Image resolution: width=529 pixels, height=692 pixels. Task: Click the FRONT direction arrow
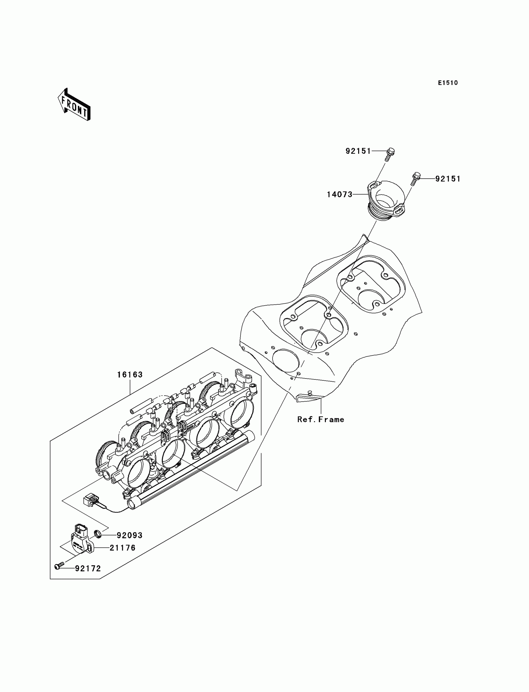pyautogui.click(x=74, y=105)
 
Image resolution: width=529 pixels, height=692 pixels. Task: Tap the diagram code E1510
pyautogui.click(x=448, y=83)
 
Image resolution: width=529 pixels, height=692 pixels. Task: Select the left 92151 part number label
pyautogui.click(x=358, y=151)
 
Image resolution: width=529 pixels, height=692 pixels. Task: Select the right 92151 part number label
pyautogui.click(x=448, y=179)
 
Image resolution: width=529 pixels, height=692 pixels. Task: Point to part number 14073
pyautogui.click(x=339, y=195)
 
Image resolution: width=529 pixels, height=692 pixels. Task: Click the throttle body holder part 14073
pyautogui.click(x=386, y=200)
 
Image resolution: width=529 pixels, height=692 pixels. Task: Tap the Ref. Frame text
pyautogui.click(x=321, y=420)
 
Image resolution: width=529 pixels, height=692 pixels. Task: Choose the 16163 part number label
pyautogui.click(x=130, y=375)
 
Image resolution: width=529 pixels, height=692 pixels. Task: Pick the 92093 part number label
pyautogui.click(x=129, y=535)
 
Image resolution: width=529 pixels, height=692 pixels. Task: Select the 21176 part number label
pyautogui.click(x=123, y=548)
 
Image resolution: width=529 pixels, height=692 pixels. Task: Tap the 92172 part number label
pyautogui.click(x=88, y=568)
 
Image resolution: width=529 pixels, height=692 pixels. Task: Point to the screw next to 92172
pyautogui.click(x=59, y=567)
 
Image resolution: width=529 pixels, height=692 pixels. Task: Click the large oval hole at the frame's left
pyautogui.click(x=286, y=360)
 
